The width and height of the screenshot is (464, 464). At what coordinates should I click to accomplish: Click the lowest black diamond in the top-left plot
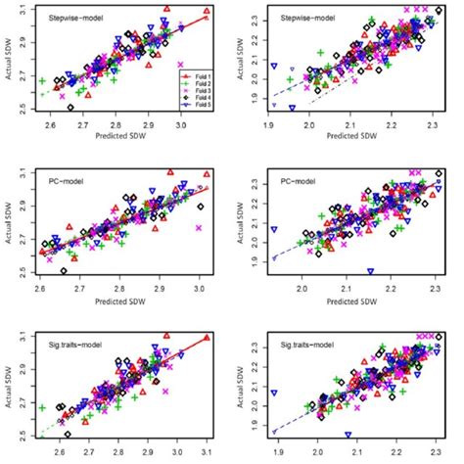click(x=72, y=109)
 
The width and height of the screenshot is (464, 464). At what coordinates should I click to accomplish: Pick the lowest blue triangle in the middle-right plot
click(x=370, y=271)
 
